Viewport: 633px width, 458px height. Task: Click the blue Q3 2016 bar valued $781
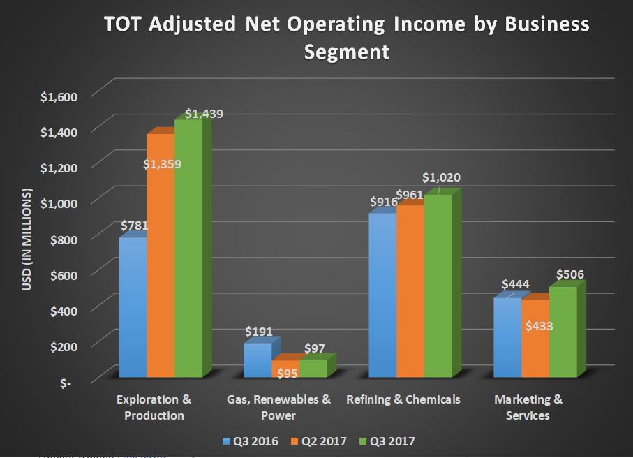coord(133,307)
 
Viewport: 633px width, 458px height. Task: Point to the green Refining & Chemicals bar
coord(438,286)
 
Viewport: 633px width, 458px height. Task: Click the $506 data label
coord(570,274)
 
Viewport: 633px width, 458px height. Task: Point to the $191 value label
coord(258,332)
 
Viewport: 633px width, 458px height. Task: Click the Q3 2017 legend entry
coord(387,441)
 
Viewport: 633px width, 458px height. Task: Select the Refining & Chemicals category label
coord(403,400)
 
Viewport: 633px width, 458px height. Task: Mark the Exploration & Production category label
coord(154,408)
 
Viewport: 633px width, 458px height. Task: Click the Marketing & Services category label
coord(528,408)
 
